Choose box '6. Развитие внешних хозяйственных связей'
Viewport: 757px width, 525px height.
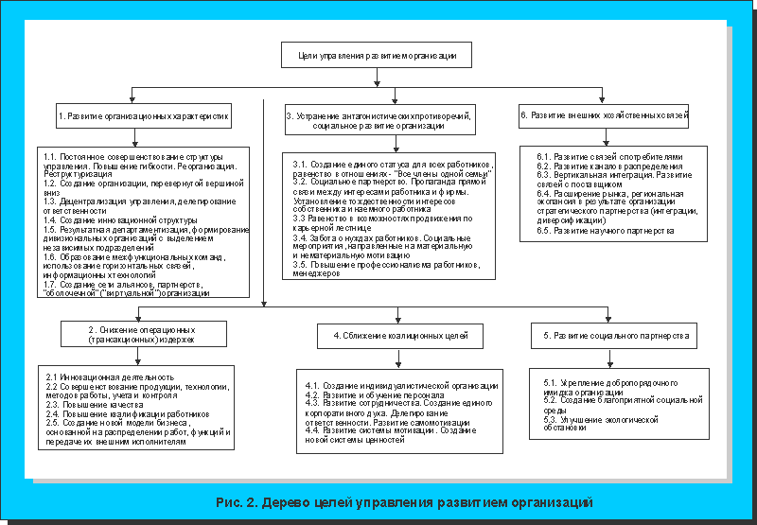point(604,114)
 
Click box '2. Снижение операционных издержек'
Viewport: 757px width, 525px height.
point(145,333)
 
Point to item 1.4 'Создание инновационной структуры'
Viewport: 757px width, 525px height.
point(114,219)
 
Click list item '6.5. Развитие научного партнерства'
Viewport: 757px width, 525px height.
point(605,230)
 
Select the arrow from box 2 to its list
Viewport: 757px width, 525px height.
point(143,356)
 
